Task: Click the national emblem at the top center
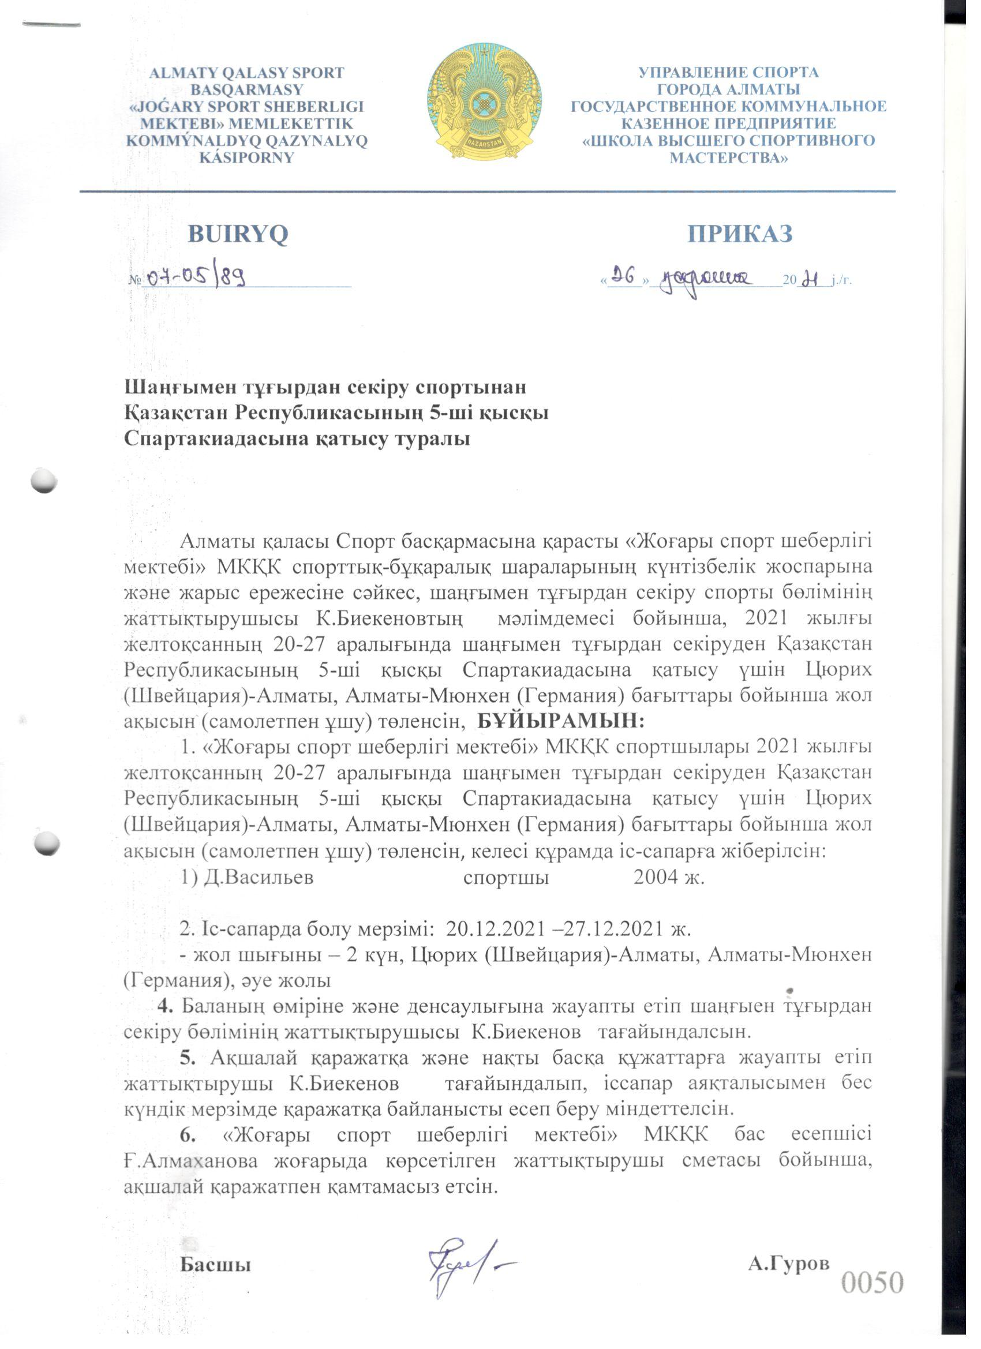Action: pyautogui.click(x=484, y=105)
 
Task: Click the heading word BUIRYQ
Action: pyautogui.click(x=238, y=234)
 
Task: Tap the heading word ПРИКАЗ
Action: pyautogui.click(x=739, y=234)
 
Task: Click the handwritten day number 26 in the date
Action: pyautogui.click(x=624, y=275)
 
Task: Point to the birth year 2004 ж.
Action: pyautogui.click(x=669, y=878)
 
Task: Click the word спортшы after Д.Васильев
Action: pyautogui.click(x=506, y=878)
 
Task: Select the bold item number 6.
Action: pyautogui.click(x=189, y=1135)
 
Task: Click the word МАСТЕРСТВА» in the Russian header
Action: pyautogui.click(x=729, y=158)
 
